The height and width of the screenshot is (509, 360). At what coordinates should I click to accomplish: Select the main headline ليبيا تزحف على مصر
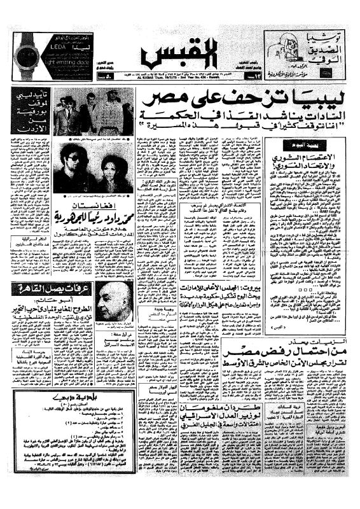pos(244,101)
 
